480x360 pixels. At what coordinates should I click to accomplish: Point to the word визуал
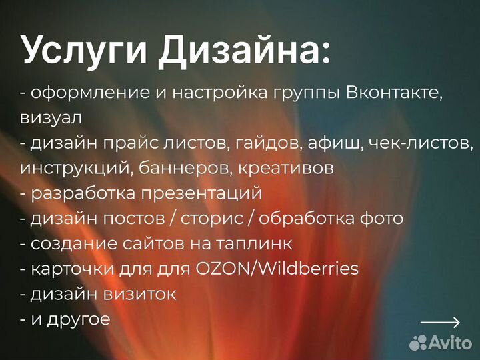click(x=51, y=118)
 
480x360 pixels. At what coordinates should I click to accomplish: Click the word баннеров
click(x=176, y=169)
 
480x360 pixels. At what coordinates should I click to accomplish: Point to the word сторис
click(x=219, y=219)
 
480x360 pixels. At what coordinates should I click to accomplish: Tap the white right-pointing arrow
click(x=440, y=323)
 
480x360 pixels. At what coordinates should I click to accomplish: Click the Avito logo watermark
click(x=440, y=343)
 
